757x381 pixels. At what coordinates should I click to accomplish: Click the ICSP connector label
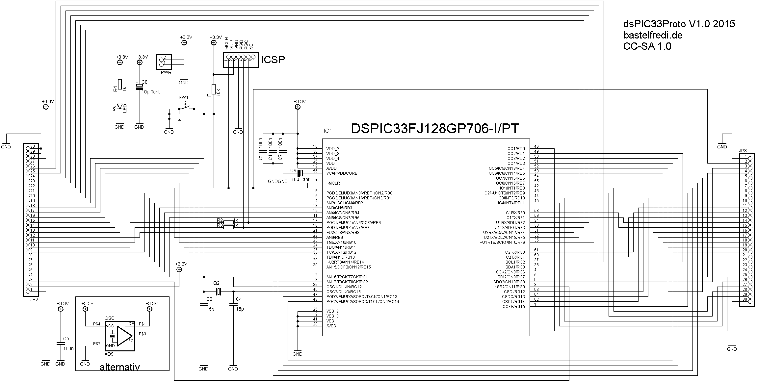coord(273,60)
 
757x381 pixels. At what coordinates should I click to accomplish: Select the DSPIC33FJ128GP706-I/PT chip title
coord(435,129)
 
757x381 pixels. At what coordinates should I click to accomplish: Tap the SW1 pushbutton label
coord(183,97)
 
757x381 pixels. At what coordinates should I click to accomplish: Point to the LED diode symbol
coord(120,106)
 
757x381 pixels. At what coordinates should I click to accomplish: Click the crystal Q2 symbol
coord(218,292)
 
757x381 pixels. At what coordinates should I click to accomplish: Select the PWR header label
coord(166,72)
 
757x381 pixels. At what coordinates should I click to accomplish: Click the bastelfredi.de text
coord(653,35)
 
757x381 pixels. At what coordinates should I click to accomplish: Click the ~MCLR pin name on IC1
coord(333,183)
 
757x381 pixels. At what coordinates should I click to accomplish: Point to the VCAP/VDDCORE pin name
coord(342,173)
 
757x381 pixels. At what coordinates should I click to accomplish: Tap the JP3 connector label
coord(743,151)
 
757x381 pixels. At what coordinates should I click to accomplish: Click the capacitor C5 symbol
coord(60,343)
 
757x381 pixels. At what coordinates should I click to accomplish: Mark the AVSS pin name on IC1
coord(331,326)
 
